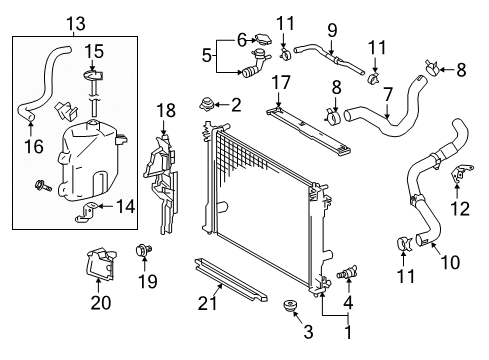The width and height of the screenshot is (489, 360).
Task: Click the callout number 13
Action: click(75, 23)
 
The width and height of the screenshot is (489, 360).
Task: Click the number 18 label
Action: click(166, 108)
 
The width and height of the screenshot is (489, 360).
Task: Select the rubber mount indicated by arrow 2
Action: click(209, 103)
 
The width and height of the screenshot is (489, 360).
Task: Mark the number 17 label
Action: click(283, 83)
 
